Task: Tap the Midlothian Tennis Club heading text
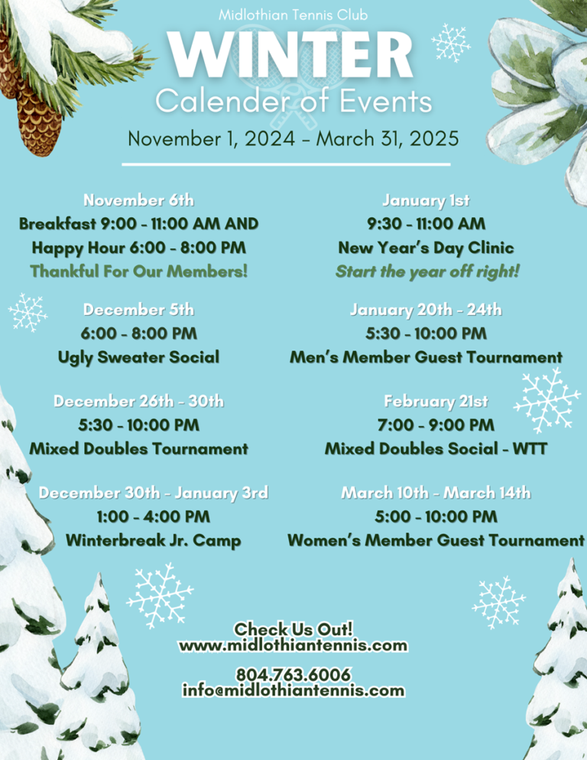coord(293,15)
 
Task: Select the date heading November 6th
coord(138,200)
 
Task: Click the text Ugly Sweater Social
coord(138,358)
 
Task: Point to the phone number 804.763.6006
coord(293,674)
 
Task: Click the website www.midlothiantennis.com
coord(293,645)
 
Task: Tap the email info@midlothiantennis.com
coord(293,690)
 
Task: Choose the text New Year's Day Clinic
coord(426,248)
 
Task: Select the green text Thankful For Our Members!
coord(138,271)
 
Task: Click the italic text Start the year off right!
coord(427,272)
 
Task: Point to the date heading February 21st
coord(436,401)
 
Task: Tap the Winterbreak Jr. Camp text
coord(153,541)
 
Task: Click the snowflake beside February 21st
coord(546,400)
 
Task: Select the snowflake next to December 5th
coord(28,313)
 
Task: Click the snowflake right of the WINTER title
coord(451,43)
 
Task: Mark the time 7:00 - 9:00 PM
coord(436,425)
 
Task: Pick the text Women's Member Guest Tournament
coord(436,541)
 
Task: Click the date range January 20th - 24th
coord(426,310)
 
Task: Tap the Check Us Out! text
coord(293,629)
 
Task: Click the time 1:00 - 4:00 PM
coord(153,517)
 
